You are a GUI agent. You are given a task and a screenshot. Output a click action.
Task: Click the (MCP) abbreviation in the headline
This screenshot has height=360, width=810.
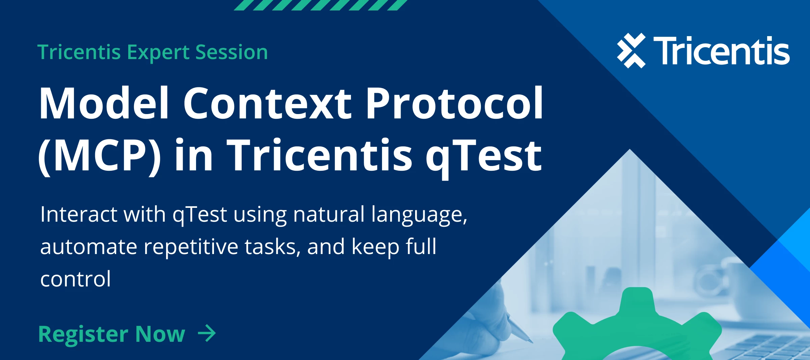pyautogui.click(x=99, y=156)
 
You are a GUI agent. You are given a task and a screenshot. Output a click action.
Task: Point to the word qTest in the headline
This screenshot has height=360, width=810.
pyautogui.click(x=483, y=156)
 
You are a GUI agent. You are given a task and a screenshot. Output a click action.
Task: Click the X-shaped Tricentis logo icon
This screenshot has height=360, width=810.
pyautogui.click(x=631, y=51)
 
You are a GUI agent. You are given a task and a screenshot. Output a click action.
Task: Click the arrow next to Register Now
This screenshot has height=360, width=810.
pyautogui.click(x=207, y=333)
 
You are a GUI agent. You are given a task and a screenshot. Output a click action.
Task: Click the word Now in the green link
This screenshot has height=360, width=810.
pyautogui.click(x=160, y=334)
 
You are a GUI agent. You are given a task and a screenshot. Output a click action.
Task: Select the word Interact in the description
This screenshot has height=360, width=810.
pyautogui.click(x=78, y=215)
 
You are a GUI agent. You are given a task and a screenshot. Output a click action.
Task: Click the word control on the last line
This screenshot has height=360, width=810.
pyautogui.click(x=75, y=279)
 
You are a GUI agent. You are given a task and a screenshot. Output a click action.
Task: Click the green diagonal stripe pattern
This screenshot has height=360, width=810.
pyautogui.click(x=321, y=5)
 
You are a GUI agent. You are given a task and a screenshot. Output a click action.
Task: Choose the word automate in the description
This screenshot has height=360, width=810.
pyautogui.click(x=88, y=247)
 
